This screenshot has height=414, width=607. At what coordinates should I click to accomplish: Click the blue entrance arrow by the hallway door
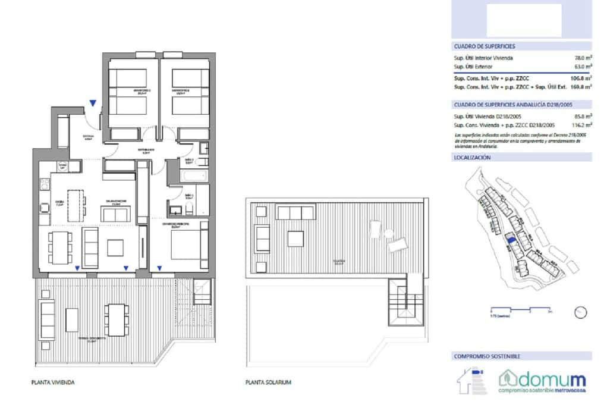point(92,104)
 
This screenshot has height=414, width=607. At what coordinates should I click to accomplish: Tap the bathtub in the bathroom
point(194,177)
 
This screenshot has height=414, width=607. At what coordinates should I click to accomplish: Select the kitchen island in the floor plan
point(76,203)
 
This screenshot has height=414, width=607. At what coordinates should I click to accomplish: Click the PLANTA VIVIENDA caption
point(53,382)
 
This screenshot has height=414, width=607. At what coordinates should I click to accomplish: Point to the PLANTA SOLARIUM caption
point(268,382)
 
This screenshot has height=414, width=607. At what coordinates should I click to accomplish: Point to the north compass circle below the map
point(581,312)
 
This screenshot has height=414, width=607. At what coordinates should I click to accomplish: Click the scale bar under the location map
point(521,309)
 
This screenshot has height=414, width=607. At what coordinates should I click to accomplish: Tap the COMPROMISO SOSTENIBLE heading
point(487,356)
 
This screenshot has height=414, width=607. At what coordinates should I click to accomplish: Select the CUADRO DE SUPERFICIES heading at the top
point(484,46)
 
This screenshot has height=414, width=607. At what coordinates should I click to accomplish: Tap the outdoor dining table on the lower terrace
point(115,319)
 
